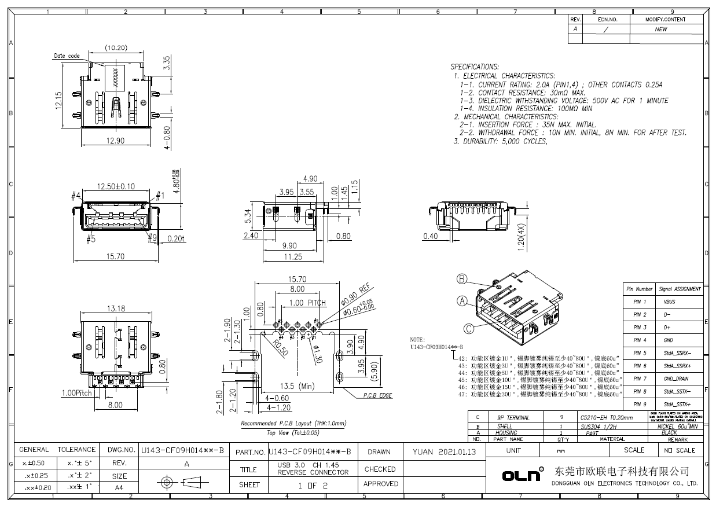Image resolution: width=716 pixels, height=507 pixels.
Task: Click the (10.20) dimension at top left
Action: tap(116, 47)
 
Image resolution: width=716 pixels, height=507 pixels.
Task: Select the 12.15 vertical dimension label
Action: tap(58, 100)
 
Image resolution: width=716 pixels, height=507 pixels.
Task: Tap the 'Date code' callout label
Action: tap(67, 56)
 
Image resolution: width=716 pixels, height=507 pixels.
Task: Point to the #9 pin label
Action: tap(152, 238)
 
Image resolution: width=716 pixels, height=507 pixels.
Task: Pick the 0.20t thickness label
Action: tap(175, 238)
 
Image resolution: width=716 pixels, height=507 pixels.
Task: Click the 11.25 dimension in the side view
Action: tap(292, 257)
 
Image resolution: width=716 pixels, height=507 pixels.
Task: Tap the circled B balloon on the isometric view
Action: tap(462, 280)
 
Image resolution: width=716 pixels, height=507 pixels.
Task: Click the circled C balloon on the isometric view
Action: tap(469, 328)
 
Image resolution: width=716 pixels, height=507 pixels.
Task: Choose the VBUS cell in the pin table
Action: tap(669, 302)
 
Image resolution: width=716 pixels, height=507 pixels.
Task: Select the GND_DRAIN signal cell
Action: tap(676, 379)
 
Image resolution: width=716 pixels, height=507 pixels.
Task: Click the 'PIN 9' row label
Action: tap(639, 404)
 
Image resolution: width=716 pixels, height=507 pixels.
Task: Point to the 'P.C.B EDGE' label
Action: tap(377, 395)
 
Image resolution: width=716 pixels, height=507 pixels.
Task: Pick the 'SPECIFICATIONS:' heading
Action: tap(475, 67)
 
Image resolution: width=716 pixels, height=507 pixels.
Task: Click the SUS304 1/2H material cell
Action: tap(598, 427)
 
